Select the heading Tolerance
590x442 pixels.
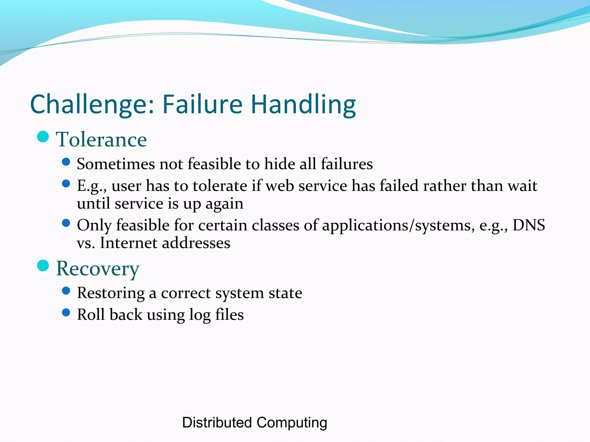click(x=101, y=140)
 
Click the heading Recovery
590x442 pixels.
click(x=98, y=268)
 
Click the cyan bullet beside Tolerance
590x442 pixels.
click(x=43, y=137)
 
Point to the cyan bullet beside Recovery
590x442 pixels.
click(x=43, y=266)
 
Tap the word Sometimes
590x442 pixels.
click(x=116, y=164)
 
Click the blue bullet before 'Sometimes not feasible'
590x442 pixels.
click(x=66, y=162)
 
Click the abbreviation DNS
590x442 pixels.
click(x=529, y=225)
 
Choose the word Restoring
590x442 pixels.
click(x=111, y=293)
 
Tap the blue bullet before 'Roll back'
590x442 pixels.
click(x=66, y=313)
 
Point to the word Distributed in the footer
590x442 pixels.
click(x=217, y=423)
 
